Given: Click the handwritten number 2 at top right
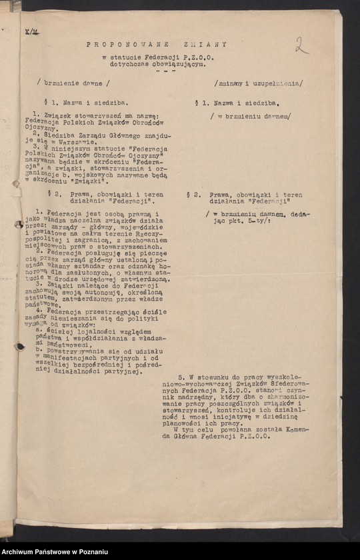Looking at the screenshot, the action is (x=301, y=45).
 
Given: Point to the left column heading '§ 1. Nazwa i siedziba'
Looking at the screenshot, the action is (x=81, y=103).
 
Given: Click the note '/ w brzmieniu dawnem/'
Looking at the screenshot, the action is (x=250, y=116).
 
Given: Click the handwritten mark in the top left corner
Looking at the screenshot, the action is (x=31, y=32).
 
